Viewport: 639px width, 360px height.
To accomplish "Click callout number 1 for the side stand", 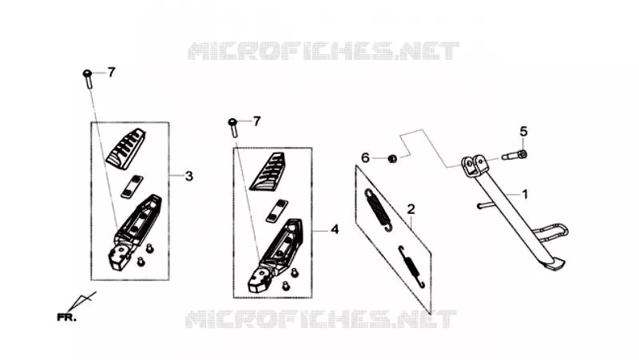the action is point(525,194).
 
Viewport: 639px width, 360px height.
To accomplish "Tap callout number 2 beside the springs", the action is point(411,209).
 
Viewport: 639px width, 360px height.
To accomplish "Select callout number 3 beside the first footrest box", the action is point(189,176).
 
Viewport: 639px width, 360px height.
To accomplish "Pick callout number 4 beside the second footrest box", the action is point(335,230).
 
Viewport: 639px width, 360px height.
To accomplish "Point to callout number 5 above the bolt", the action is point(524,132).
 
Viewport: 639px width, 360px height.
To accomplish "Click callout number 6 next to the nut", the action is point(365,157).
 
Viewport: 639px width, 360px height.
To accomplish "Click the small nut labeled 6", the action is point(391,158).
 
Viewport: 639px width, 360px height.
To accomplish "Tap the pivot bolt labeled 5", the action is point(514,155).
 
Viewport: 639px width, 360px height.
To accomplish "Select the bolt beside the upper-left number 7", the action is point(88,78).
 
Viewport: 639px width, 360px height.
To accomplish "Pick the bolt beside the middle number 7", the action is point(233,127).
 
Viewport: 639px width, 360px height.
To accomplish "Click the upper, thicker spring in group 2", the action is point(379,210).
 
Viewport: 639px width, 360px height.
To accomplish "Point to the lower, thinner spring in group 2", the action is point(412,267).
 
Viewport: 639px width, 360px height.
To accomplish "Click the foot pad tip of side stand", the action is point(557,265).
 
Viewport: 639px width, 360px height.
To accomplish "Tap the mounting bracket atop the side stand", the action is point(474,165).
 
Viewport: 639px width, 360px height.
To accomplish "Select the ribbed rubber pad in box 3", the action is point(126,149).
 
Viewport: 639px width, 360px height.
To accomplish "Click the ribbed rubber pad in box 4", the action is point(268,172).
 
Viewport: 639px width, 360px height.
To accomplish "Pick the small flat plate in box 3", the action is point(132,187).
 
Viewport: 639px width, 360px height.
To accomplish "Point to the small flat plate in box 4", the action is point(276,211).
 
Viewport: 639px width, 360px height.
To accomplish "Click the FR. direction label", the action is point(66,317).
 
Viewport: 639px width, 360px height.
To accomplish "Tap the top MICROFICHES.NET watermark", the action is point(323,51).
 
